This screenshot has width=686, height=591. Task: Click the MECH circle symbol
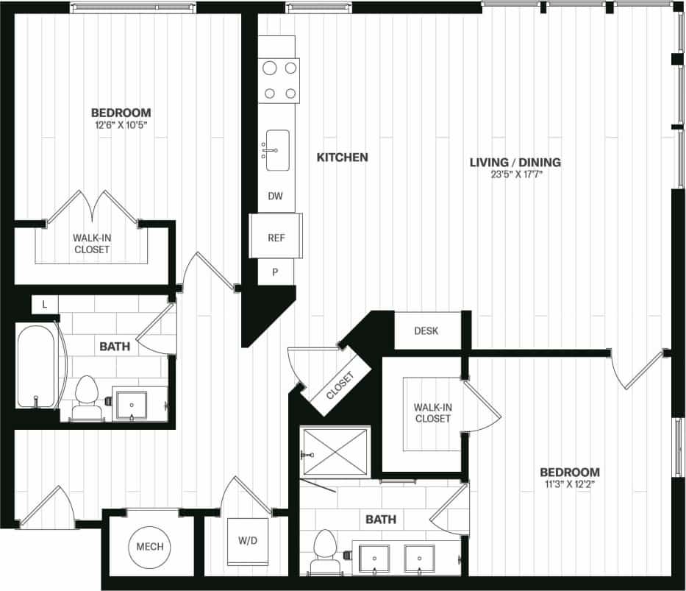pos(150,547)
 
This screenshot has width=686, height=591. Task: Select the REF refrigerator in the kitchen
pos(276,238)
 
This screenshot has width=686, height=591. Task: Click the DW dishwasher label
pos(276,197)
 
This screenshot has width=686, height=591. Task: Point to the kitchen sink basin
pos(277,150)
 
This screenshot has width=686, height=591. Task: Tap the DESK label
pos(426,330)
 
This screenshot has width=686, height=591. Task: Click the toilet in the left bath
pos(87,398)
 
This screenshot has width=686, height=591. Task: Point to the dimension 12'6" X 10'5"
pos(121,124)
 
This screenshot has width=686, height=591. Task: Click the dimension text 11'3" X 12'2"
pos(569,485)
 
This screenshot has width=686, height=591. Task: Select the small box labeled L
pos(45,304)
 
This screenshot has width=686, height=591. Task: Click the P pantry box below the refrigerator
pos(275,272)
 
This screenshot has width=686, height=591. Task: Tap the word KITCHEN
pos(342,158)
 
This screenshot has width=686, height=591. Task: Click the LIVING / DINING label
pos(515,162)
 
